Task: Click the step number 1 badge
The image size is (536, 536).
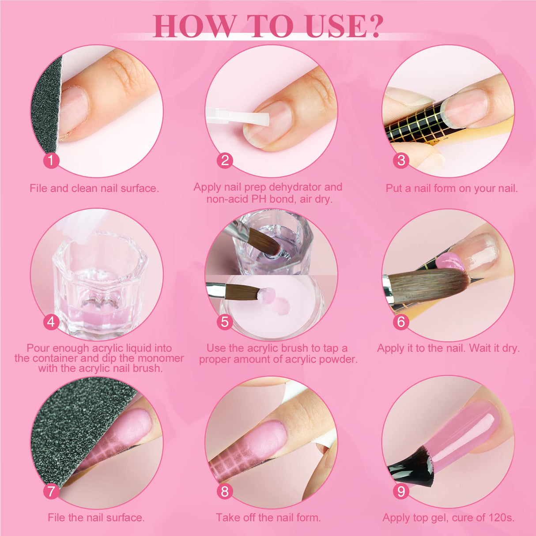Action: (x=51, y=160)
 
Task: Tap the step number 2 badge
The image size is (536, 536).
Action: (x=225, y=160)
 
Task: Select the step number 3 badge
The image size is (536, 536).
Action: (x=401, y=160)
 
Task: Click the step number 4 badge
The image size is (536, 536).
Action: (x=51, y=321)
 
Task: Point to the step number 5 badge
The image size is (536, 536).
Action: (x=225, y=321)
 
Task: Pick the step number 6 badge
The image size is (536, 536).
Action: (x=401, y=321)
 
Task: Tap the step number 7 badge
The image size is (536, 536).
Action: (x=51, y=491)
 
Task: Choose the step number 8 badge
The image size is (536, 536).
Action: (x=225, y=491)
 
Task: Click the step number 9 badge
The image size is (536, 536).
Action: (x=401, y=491)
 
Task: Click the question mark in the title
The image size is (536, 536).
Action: (x=374, y=26)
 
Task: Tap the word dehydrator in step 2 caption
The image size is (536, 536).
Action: (x=295, y=187)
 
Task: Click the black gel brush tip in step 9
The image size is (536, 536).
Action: (x=411, y=471)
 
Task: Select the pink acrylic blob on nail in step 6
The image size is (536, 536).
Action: (x=449, y=263)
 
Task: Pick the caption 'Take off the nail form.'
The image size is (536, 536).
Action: (x=268, y=517)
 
